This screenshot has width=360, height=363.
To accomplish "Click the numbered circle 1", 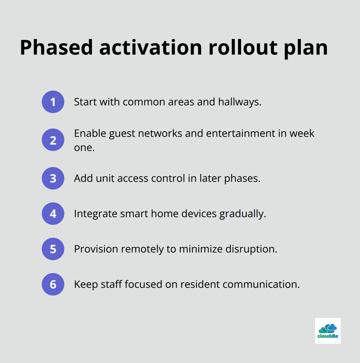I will (53, 102).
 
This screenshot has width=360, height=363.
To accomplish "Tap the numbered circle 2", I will (53, 140).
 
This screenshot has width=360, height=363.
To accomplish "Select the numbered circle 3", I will (53, 178).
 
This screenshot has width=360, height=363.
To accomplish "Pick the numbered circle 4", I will (53, 214).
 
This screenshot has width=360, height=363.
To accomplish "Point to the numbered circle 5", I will (53, 249).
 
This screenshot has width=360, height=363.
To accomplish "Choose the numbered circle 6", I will (53, 284).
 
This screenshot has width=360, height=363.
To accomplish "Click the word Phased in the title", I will (56, 48).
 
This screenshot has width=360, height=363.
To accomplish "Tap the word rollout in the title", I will (243, 48).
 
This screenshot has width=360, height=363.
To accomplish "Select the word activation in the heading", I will (150, 48).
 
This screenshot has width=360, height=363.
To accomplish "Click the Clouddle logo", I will (328, 331).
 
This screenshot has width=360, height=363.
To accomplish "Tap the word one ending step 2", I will (84, 147).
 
